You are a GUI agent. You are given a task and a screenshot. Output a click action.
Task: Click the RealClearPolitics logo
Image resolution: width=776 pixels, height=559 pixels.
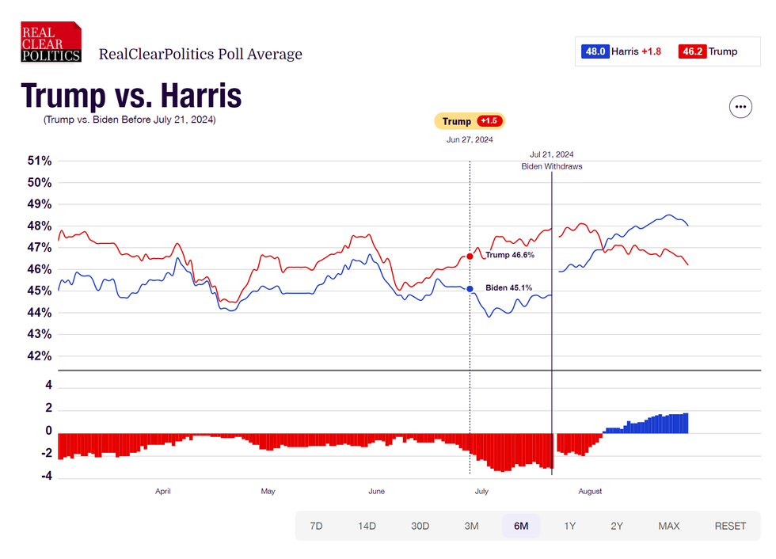pos(51,42)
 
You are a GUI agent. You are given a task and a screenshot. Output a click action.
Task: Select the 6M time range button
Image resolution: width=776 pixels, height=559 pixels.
pos(521,526)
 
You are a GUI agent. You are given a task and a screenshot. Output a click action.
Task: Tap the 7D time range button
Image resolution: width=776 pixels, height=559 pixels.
pos(316,526)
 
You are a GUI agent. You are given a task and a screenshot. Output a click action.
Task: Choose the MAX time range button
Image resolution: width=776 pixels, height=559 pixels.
pos(669,526)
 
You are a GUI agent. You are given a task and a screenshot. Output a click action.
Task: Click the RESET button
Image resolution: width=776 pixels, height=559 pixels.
pos(730,526)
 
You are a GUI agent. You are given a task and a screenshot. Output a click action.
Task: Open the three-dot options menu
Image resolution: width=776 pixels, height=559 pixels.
pos(740,106)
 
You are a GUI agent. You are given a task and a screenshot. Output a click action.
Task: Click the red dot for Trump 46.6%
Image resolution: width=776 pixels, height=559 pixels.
pos(470,256)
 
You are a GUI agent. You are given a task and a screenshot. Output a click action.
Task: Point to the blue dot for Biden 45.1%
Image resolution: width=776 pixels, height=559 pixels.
pos(470,289)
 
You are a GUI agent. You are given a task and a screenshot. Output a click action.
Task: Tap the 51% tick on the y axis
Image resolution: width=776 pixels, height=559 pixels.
pos(40,162)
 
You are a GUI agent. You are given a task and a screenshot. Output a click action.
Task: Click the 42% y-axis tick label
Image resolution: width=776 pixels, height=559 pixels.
pos(40,356)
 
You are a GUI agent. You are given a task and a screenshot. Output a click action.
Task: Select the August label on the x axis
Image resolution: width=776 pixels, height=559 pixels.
pos(590,491)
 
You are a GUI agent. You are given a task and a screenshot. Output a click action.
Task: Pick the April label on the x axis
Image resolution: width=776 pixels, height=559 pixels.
pos(162,491)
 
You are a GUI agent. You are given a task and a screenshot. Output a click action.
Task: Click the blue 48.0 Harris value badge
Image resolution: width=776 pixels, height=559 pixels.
pos(595,51)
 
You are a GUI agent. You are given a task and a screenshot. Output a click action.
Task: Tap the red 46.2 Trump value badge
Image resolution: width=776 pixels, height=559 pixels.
pos(694,51)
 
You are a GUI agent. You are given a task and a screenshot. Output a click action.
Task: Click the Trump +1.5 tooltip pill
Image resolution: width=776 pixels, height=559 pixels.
pos(470,121)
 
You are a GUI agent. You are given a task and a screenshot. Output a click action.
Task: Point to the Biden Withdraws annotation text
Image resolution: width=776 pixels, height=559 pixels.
pos(552,167)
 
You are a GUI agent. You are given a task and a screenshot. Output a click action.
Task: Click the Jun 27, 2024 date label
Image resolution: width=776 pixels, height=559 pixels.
pos(470,140)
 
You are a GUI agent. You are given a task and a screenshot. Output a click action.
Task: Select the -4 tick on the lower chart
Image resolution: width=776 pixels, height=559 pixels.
pos(47,477)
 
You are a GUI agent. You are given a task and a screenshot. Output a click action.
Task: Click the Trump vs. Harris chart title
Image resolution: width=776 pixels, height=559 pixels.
pos(131,97)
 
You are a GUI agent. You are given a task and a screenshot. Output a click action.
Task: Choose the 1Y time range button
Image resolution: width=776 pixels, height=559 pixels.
pos(569,526)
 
